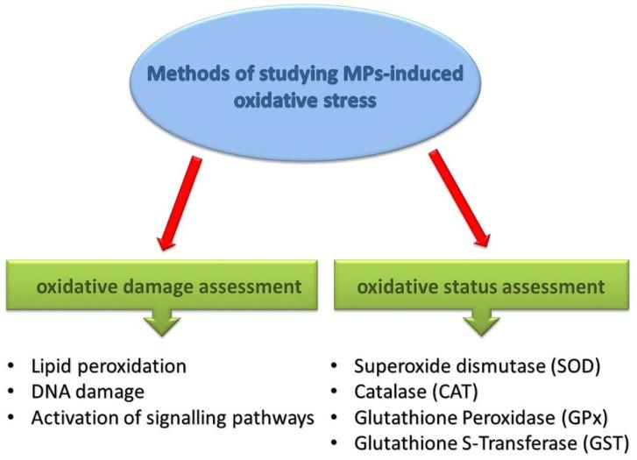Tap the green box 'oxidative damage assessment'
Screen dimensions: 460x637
coord(159,284)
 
